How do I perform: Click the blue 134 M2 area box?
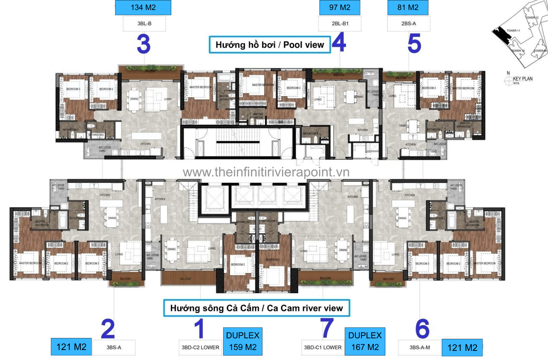click(x=143, y=7)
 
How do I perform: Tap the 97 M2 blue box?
click(x=340, y=7)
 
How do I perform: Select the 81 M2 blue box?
click(x=408, y=7)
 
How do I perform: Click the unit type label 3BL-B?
click(x=144, y=24)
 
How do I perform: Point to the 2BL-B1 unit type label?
click(x=340, y=24)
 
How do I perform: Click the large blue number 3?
click(x=144, y=44)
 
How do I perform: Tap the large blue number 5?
click(x=414, y=43)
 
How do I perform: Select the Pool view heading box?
click(x=270, y=45)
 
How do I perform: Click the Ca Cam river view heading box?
click(x=256, y=308)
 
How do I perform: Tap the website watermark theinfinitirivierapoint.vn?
click(x=266, y=172)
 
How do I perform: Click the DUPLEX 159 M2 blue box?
click(x=243, y=341)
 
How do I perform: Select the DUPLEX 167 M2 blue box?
click(x=365, y=341)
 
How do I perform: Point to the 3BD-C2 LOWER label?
click(x=200, y=347)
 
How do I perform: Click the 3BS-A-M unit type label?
click(x=420, y=347)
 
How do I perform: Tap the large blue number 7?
click(x=327, y=328)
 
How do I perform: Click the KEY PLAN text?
click(x=523, y=79)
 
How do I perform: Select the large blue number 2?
click(x=108, y=329)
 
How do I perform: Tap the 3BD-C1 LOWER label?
click(x=323, y=347)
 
